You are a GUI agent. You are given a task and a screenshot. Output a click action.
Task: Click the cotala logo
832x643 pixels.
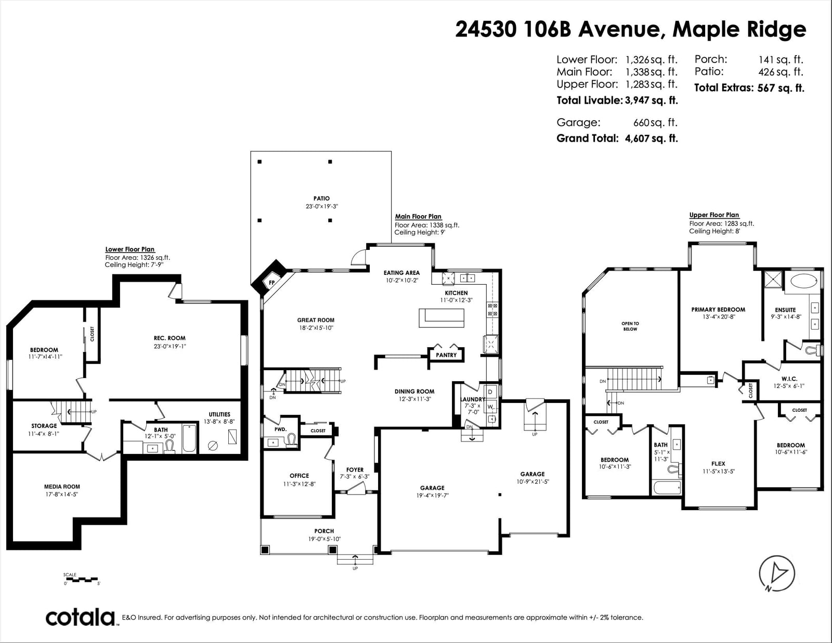click(x=81, y=617)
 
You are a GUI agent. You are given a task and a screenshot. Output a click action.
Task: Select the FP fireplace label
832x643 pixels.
click(x=272, y=283)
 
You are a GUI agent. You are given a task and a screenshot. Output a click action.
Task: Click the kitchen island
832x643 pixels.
click(x=441, y=318)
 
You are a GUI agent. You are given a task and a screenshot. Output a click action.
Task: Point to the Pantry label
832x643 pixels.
click(x=446, y=355)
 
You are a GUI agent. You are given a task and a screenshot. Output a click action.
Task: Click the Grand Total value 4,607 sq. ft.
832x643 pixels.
click(x=651, y=138)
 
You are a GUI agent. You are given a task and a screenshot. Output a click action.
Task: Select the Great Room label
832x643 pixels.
click(x=316, y=320)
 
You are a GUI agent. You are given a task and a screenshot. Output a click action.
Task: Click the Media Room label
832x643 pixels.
click(x=62, y=487)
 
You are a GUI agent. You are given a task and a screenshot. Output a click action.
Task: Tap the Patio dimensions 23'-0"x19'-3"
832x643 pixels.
click(x=321, y=206)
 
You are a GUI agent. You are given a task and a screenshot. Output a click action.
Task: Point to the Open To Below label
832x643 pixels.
click(x=630, y=326)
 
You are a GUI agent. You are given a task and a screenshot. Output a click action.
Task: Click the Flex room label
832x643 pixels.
click(x=718, y=464)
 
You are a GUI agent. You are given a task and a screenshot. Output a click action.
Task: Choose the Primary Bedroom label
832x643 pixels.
click(x=718, y=310)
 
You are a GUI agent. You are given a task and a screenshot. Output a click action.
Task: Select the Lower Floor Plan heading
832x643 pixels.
click(x=130, y=249)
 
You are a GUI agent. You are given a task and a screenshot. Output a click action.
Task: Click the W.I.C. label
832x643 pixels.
click(x=789, y=379)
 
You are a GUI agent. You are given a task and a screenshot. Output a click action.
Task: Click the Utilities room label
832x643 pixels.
click(x=219, y=414)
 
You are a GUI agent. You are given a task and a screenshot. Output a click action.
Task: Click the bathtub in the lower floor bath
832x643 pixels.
click(x=189, y=438)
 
